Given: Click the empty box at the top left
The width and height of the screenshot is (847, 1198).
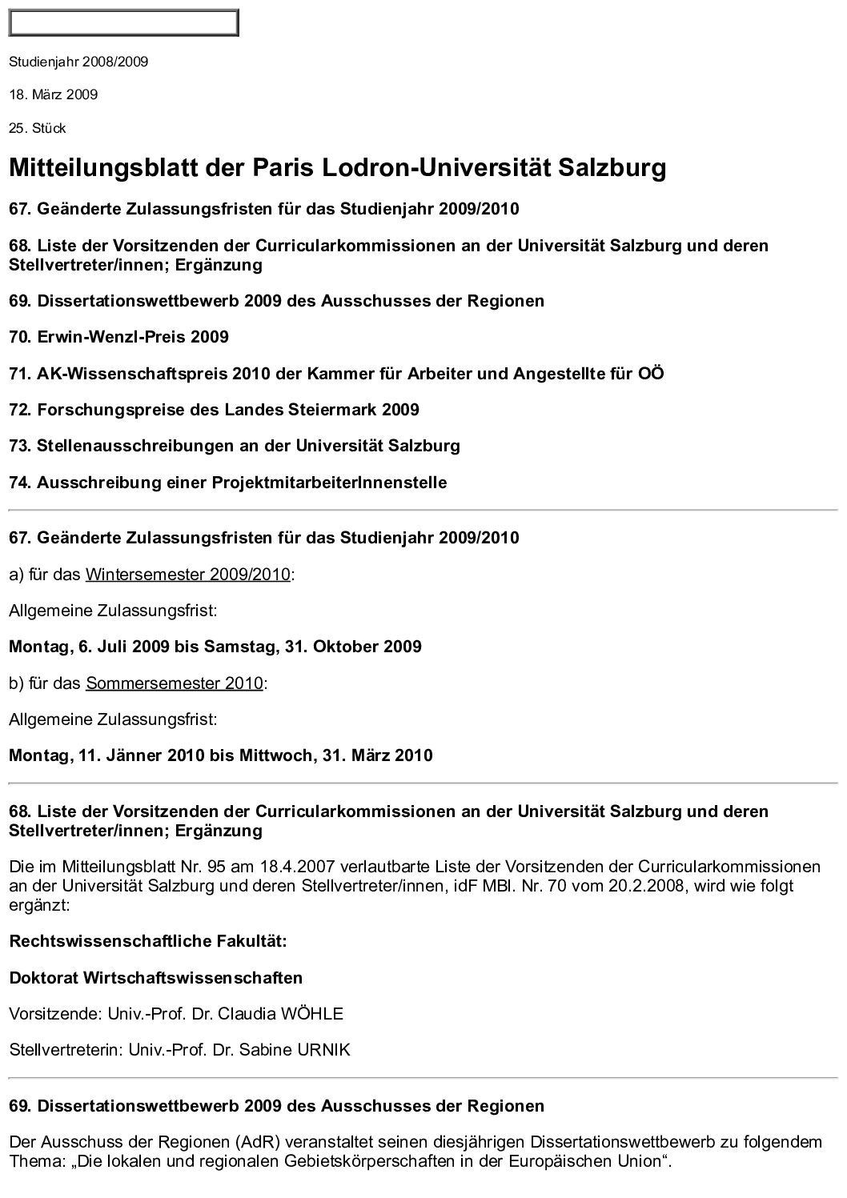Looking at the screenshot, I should (x=123, y=23).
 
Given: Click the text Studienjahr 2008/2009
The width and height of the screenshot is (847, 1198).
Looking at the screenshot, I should (x=78, y=62).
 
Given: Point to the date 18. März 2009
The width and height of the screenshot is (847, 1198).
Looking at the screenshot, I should (x=54, y=95).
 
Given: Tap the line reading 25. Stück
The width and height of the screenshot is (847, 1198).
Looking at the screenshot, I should (x=38, y=129).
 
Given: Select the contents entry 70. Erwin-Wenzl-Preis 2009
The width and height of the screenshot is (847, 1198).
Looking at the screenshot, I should (x=118, y=337).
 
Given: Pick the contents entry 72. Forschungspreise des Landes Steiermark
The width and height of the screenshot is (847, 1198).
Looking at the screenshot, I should (x=214, y=410).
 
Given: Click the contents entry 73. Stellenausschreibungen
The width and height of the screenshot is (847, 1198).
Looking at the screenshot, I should (x=235, y=446).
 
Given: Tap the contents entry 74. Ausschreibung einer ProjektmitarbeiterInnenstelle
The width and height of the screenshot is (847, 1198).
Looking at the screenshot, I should (x=228, y=483).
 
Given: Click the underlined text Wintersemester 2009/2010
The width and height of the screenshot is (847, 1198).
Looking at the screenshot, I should (x=187, y=575).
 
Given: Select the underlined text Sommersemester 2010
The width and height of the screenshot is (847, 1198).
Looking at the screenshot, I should (x=174, y=683).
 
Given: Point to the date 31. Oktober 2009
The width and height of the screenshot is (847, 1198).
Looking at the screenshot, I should (x=353, y=647).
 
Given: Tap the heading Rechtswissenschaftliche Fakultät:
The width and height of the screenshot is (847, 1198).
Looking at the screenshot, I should (x=148, y=941).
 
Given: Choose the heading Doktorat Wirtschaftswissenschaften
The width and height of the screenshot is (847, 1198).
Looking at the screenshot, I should (x=156, y=978).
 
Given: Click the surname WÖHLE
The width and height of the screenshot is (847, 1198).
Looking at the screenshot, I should (x=311, y=1014).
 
